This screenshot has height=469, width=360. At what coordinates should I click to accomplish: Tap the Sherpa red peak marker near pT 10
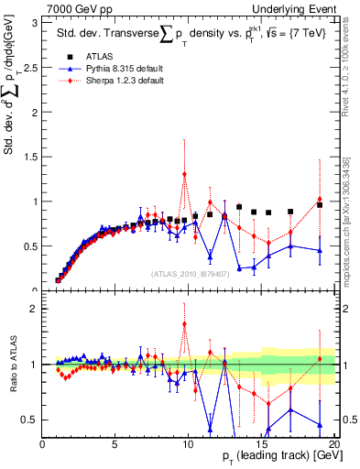pyautogui.click(x=184, y=174)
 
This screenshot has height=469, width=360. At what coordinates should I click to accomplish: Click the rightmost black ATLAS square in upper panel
pyautogui.click(x=319, y=204)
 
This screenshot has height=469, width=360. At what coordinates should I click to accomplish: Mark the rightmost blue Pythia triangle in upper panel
pyautogui.click(x=319, y=250)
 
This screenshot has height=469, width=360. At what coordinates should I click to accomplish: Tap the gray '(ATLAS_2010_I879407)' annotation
pyautogui.click(x=190, y=275)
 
